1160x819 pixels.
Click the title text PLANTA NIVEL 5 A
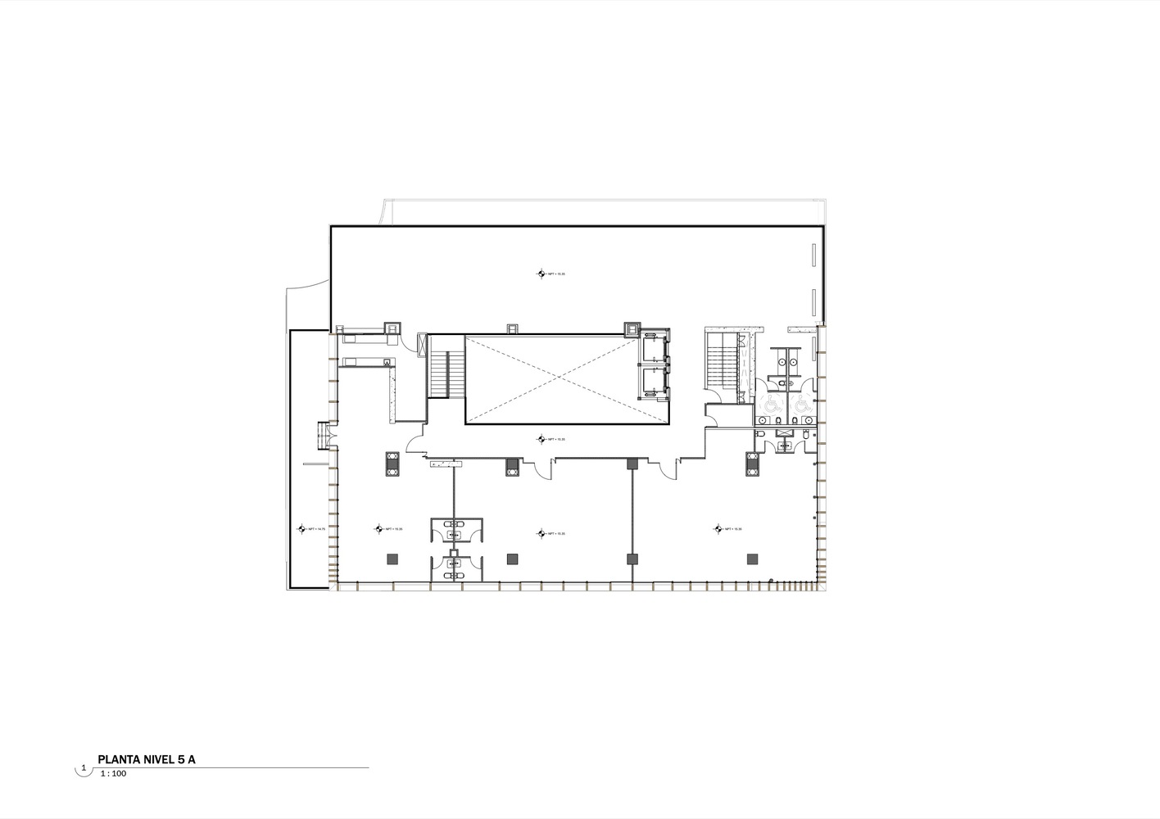tap(147, 759)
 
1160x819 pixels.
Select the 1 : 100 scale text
tap(112, 773)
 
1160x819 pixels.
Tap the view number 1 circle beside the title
tap(83, 768)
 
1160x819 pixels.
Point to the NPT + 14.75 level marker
tap(301, 530)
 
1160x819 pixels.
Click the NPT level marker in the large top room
tap(541, 274)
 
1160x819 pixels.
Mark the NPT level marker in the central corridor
tap(541, 440)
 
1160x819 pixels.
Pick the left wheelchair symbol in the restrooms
tap(770, 404)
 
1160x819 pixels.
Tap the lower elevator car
tap(653, 382)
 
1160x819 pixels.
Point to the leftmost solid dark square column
tap(392, 559)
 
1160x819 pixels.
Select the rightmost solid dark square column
tap(751, 559)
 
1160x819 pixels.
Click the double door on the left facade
tap(323, 435)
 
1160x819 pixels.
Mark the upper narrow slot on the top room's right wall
tap(813, 255)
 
